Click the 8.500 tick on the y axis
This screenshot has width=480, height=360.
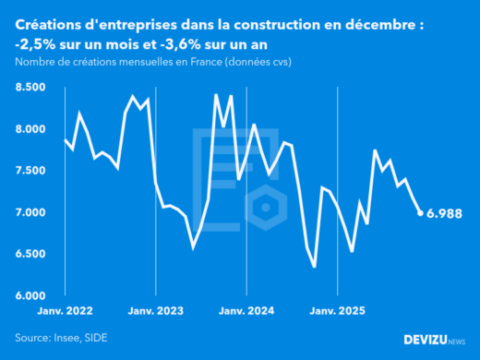(31, 87)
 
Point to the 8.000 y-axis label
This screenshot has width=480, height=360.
(31, 129)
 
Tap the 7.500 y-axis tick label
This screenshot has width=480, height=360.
(31, 171)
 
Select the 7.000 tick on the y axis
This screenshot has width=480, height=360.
(31, 212)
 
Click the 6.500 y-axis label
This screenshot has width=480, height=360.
(31, 254)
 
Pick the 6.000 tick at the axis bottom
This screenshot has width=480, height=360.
(31, 295)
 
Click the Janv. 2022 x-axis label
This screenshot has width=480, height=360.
(66, 311)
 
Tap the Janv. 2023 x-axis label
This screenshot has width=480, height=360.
(156, 311)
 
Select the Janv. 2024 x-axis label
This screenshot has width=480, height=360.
(246, 311)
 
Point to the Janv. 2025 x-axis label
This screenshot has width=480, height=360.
(337, 311)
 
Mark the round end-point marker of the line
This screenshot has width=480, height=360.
(421, 213)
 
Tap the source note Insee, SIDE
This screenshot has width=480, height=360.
(81, 338)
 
